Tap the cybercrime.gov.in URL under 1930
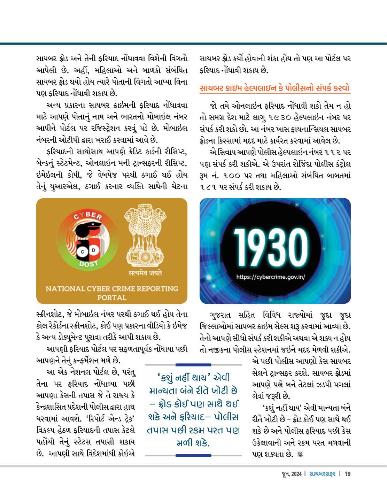click(x=271, y=277)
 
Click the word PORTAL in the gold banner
click(x=111, y=298)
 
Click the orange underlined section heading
click(x=274, y=88)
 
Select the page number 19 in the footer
click(x=347, y=474)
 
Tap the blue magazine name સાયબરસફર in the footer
click(x=323, y=474)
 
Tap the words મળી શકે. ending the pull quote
click(x=193, y=443)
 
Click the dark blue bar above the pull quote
click(x=193, y=365)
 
